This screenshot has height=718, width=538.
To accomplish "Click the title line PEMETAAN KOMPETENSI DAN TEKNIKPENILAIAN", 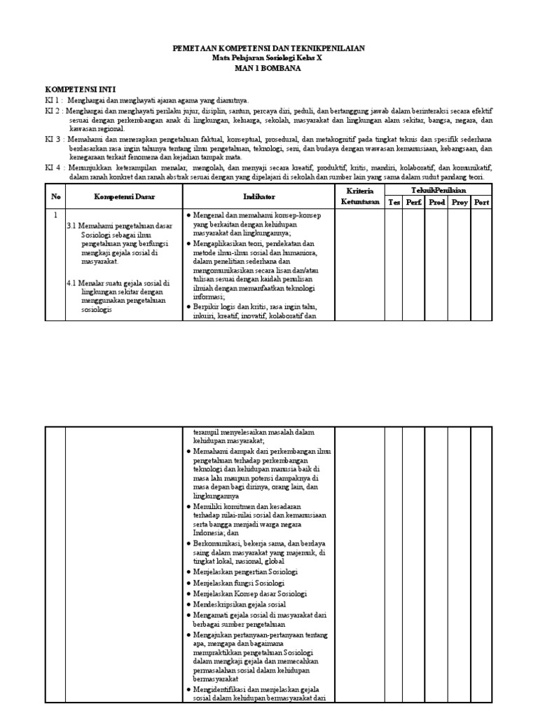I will pyautogui.click(x=268, y=48).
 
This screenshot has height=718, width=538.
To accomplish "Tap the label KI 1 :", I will pyautogui.click(x=55, y=101).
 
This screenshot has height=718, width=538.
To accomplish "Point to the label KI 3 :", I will pyautogui.click(x=55, y=140).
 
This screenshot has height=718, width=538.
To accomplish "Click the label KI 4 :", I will pyautogui.click(x=55, y=168).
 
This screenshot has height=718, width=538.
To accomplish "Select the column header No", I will pyautogui.click(x=56, y=197).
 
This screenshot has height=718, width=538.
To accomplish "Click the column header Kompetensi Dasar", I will pyautogui.click(x=124, y=197).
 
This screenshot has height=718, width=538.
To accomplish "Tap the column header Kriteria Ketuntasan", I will pyautogui.click(x=359, y=196).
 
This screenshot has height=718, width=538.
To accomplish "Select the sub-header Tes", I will pyautogui.click(x=394, y=203).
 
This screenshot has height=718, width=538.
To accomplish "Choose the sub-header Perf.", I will pyautogui.click(x=414, y=203).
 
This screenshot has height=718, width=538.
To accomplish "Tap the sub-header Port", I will pyautogui.click(x=481, y=203).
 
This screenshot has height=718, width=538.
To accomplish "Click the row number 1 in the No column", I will pyautogui.click(x=56, y=215).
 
